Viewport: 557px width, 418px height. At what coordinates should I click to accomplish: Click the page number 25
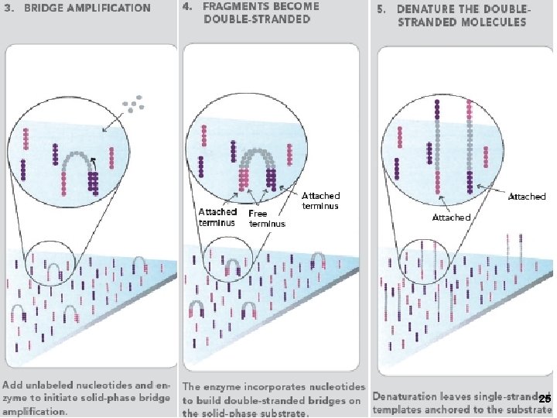coord(545,398)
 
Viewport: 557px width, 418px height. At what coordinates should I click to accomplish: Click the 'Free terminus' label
coord(266,218)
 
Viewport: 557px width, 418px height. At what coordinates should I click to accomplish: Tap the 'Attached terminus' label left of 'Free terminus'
coord(217,216)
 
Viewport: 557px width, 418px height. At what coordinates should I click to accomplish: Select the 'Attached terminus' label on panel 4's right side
coord(320,201)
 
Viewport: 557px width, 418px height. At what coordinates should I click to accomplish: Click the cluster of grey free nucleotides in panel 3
coord(133,102)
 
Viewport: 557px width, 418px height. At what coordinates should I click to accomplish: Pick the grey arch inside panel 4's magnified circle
coord(259,156)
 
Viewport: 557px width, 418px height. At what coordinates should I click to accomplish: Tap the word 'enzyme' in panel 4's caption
coord(222,385)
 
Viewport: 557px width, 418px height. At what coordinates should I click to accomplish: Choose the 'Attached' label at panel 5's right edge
coord(527,197)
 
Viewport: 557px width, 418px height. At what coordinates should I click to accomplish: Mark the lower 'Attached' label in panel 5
coord(450,218)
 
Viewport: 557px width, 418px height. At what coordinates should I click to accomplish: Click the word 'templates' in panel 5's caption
coord(396,409)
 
